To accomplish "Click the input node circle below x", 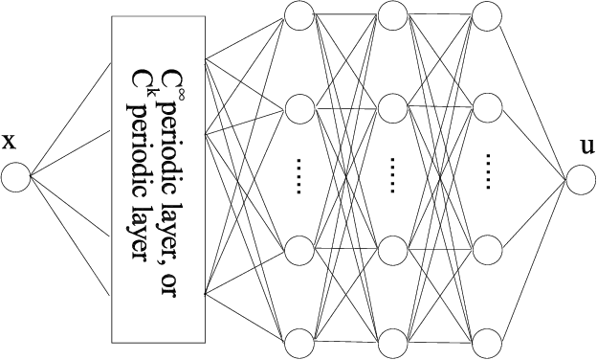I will click(16, 177).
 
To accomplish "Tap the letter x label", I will click(11, 143).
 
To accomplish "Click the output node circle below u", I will click(580, 177).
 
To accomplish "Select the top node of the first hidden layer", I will click(298, 13).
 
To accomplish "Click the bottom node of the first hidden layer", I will click(298, 342).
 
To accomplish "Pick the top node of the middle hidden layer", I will click(392, 13).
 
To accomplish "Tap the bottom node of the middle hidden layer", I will click(392, 342).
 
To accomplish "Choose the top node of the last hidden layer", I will click(487, 13).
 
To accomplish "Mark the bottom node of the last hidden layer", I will click(487, 342).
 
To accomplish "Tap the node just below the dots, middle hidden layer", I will click(392, 247).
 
